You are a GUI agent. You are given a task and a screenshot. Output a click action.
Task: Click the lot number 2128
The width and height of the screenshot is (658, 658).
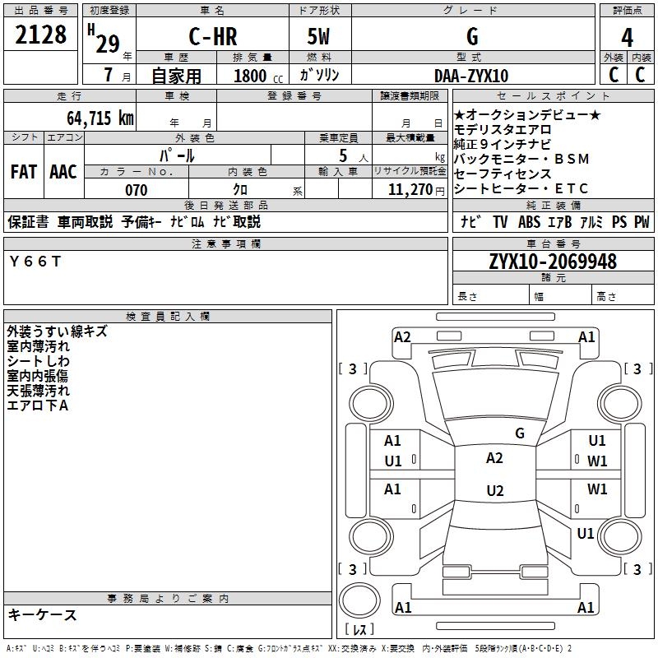(41, 36)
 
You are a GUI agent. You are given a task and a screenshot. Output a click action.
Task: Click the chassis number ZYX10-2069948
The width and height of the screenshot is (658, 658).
(552, 262)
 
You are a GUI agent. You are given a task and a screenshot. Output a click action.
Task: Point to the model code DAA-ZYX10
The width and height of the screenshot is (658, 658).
(471, 76)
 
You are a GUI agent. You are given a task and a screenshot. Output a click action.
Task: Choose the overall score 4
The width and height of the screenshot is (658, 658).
(627, 37)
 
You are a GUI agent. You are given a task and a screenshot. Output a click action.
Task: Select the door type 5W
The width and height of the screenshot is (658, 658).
(320, 37)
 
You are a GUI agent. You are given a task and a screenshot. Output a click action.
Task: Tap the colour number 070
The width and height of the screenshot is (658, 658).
(136, 190)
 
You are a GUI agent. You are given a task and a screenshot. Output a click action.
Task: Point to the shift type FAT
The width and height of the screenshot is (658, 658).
(23, 172)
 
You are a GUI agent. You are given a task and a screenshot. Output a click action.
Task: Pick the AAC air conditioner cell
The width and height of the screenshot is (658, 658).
(63, 172)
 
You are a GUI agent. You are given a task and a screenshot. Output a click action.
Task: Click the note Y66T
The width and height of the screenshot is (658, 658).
(35, 261)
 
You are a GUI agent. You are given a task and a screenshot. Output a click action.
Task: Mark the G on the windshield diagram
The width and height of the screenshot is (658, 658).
(519, 433)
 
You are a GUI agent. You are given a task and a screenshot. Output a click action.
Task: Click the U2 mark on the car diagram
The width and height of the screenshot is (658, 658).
(494, 491)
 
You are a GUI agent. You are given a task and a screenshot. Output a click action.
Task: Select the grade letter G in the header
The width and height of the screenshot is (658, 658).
(471, 37)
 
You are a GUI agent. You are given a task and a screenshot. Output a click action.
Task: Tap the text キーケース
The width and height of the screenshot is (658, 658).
(43, 614)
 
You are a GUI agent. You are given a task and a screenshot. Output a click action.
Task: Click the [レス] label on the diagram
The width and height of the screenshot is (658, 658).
(360, 630)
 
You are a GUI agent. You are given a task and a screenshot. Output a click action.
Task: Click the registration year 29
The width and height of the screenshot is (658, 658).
(107, 44)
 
